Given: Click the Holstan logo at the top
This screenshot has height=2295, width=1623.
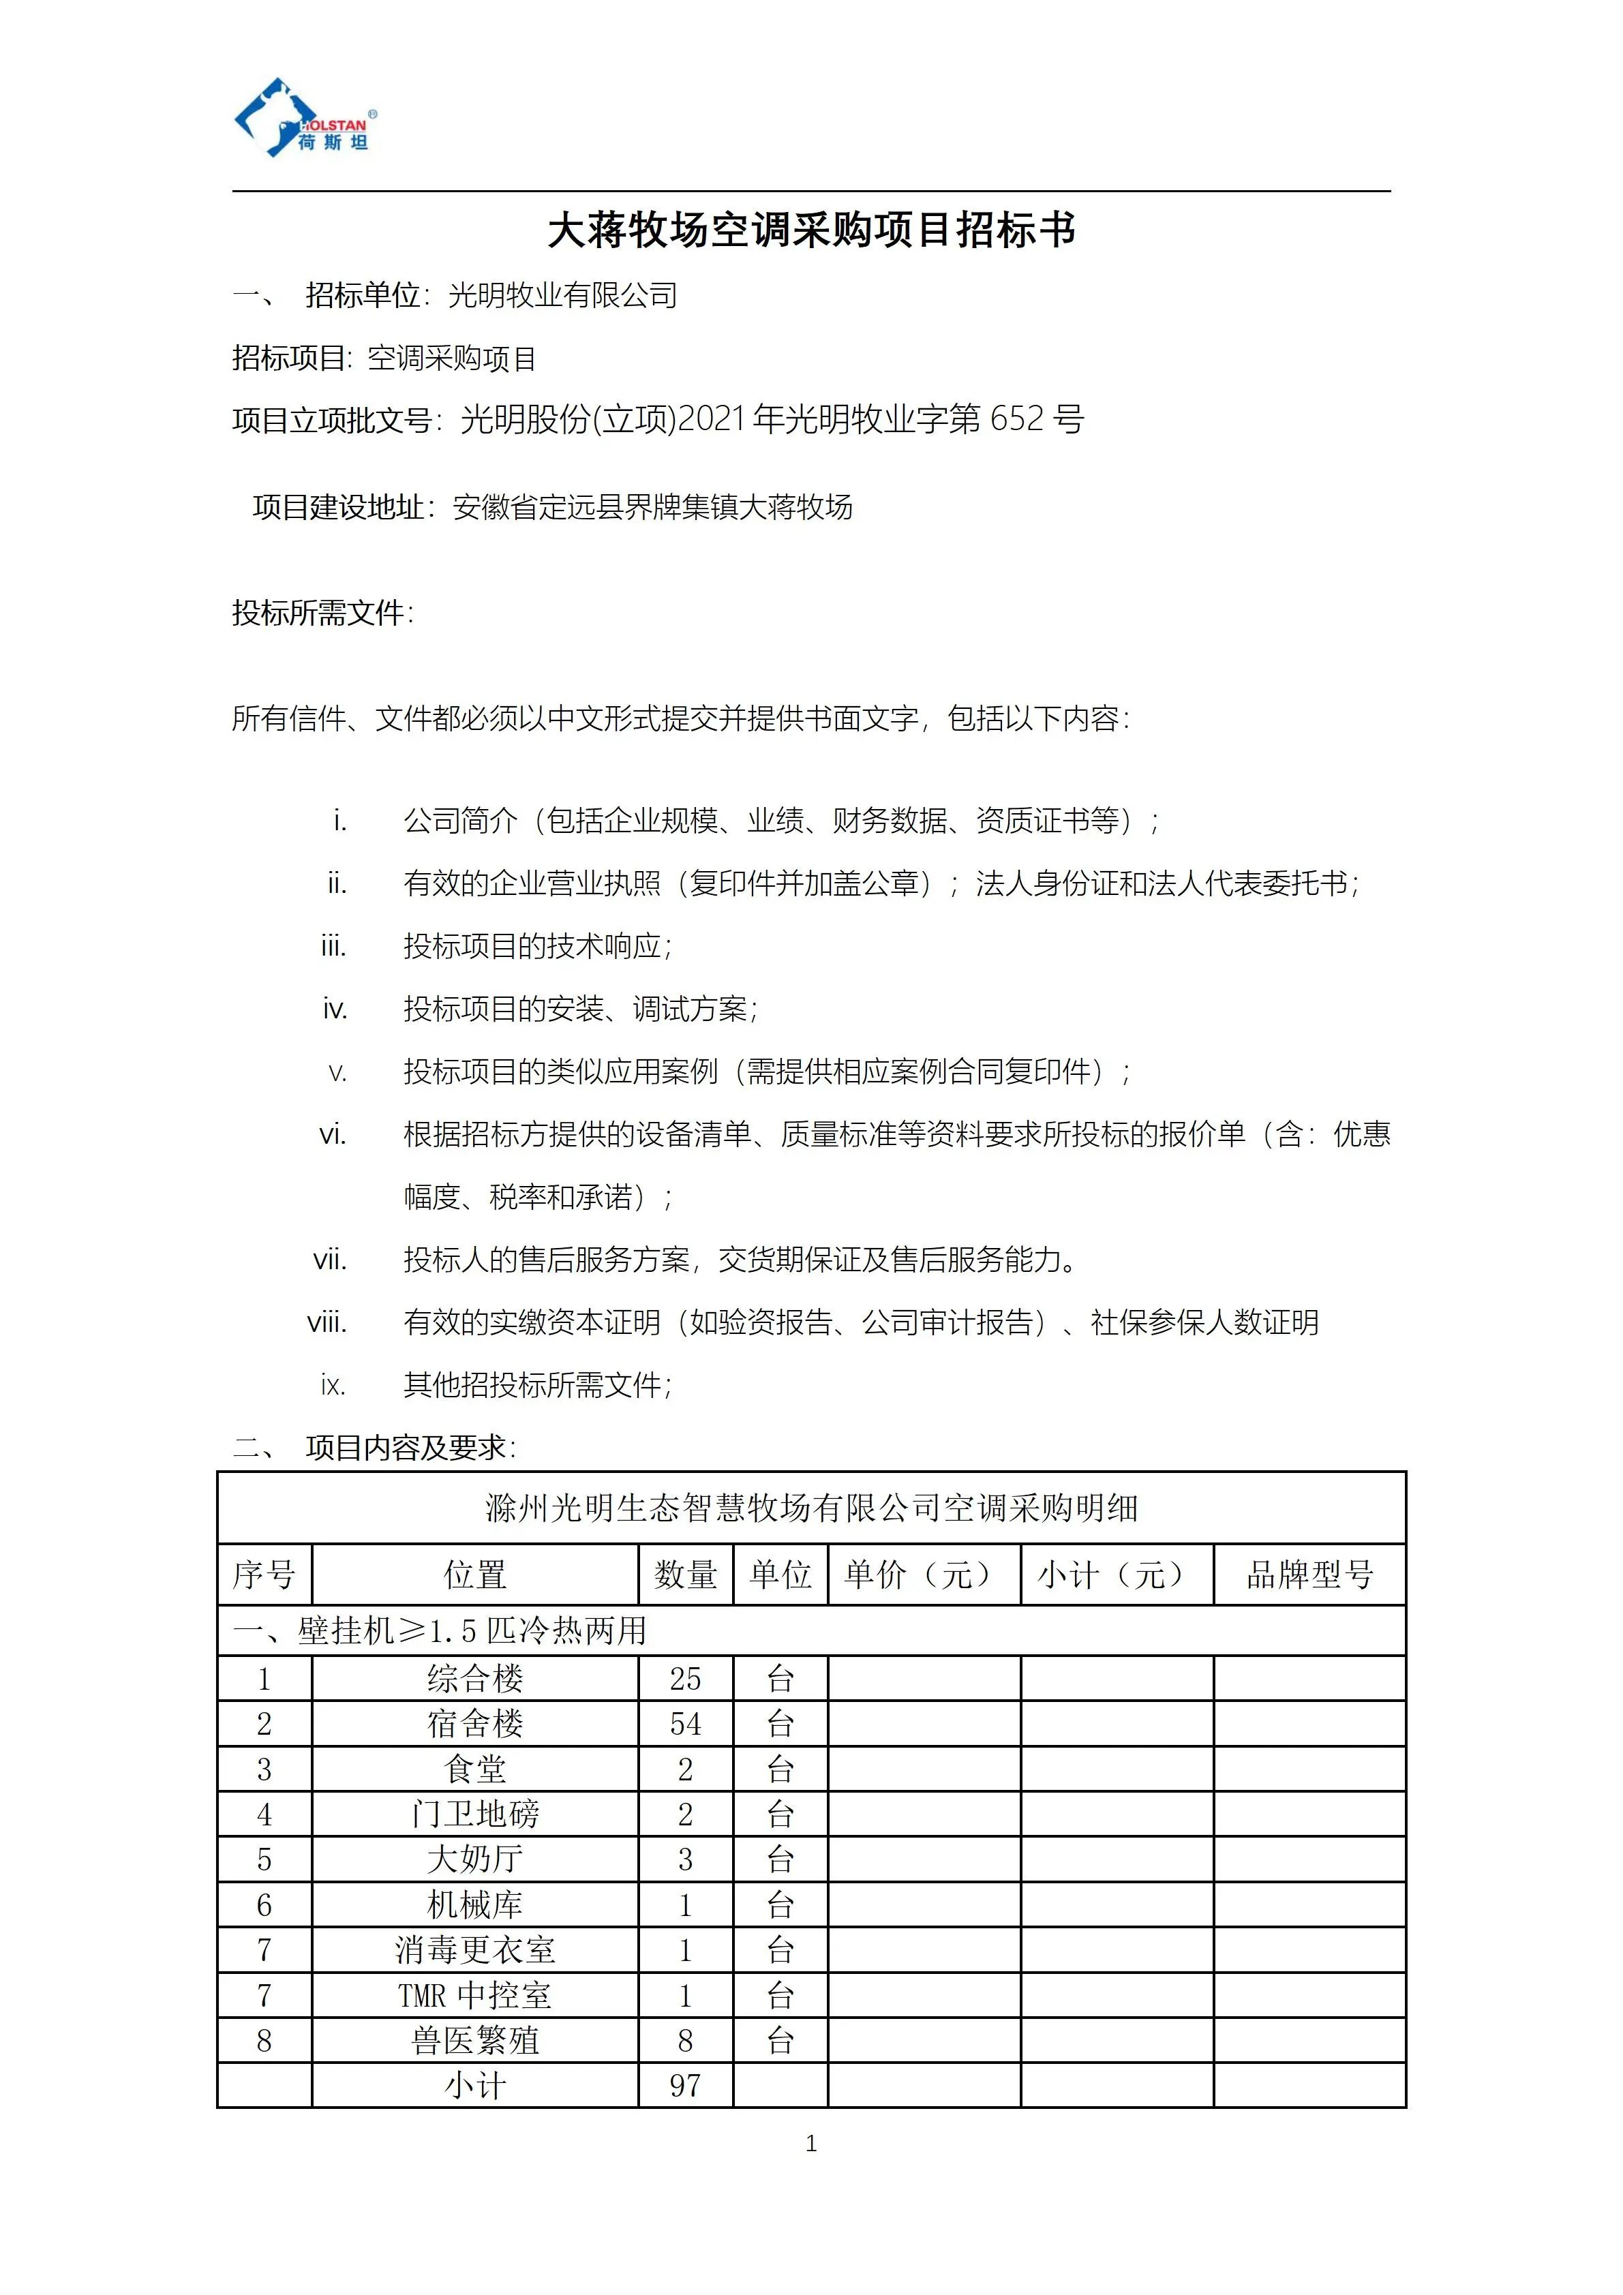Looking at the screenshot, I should (x=305, y=118).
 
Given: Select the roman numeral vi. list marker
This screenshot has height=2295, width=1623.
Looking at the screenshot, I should (x=333, y=1134).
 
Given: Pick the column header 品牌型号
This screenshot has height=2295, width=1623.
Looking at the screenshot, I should (x=1309, y=1575).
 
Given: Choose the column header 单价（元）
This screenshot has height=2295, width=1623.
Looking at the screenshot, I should (x=924, y=1575).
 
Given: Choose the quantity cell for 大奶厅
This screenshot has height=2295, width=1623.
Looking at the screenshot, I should (x=686, y=1859).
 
